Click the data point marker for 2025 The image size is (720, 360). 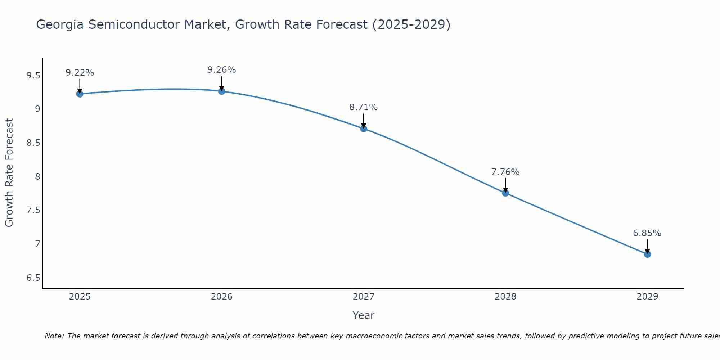coord(80,94)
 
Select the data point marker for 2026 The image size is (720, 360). coord(221,91)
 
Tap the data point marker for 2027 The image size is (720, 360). coord(364,129)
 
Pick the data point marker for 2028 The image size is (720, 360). coord(505,193)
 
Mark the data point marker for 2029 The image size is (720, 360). coord(647,254)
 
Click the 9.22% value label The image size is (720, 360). coord(80,73)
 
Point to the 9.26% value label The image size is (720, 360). coord(221,70)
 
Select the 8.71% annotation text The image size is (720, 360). coord(364,107)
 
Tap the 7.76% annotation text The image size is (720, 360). coord(505,172)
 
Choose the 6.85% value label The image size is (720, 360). coord(647,233)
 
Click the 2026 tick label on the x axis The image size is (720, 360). coord(221,297)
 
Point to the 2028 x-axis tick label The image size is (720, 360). coord(505,297)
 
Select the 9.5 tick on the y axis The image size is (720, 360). coord(33,76)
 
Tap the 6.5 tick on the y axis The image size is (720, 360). coord(33,278)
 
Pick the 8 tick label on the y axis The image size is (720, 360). coord(37,176)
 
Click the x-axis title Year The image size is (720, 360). coord(364,315)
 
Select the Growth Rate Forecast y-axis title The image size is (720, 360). coord(9,173)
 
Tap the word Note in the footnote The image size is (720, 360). coord(54,336)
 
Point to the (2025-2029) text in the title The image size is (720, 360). coord(411,25)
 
